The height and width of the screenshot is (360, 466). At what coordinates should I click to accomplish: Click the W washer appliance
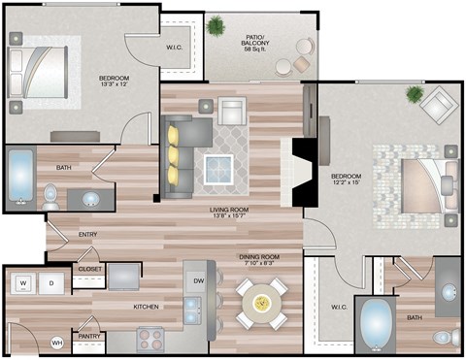22,283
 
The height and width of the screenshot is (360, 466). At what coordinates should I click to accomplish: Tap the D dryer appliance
51,283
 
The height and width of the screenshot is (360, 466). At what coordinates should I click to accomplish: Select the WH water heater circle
56,343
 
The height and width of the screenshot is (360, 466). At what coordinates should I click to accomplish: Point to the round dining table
262,303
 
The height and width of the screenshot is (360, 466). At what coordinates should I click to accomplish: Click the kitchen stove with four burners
150,340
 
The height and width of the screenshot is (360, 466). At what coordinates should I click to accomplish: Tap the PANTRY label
91,337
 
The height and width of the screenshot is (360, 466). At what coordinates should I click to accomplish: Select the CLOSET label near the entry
90,269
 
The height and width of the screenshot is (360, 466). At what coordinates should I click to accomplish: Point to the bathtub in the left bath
19,177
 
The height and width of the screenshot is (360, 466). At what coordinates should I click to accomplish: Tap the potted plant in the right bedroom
416,94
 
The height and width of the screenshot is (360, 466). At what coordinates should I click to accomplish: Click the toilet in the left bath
50,196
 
